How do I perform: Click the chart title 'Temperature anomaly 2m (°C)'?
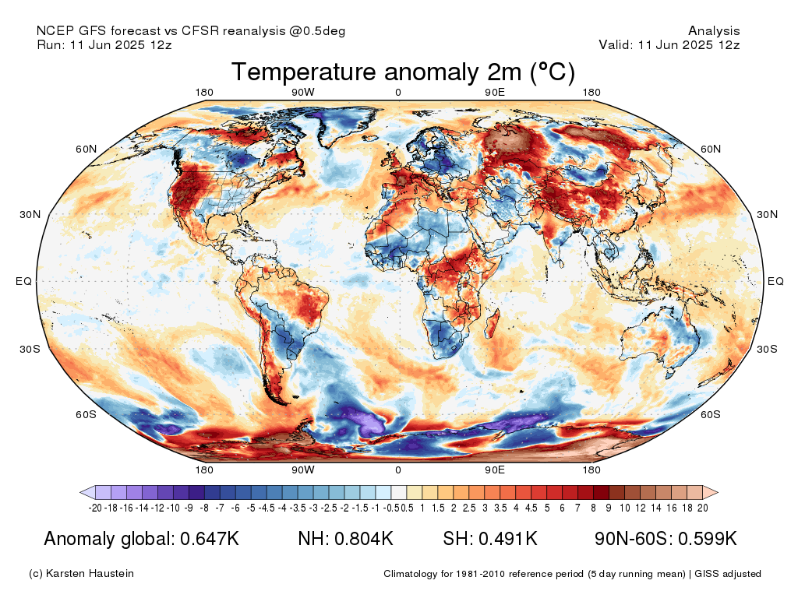click(403, 72)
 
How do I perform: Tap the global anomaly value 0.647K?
click(210, 539)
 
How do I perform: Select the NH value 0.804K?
click(364, 539)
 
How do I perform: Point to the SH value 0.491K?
click(508, 539)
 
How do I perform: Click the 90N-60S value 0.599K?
click(708, 539)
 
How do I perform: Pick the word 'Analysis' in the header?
click(714, 31)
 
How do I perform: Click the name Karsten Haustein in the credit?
click(90, 574)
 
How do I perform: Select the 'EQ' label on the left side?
click(23, 281)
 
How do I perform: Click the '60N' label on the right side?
click(711, 149)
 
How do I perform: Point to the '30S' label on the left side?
click(30, 350)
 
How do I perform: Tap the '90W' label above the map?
click(303, 93)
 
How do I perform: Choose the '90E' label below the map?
click(494, 470)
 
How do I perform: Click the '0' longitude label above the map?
click(398, 93)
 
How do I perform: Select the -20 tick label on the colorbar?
click(95, 508)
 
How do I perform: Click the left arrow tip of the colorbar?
click(80, 492)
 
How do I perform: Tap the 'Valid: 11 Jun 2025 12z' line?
click(669, 44)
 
